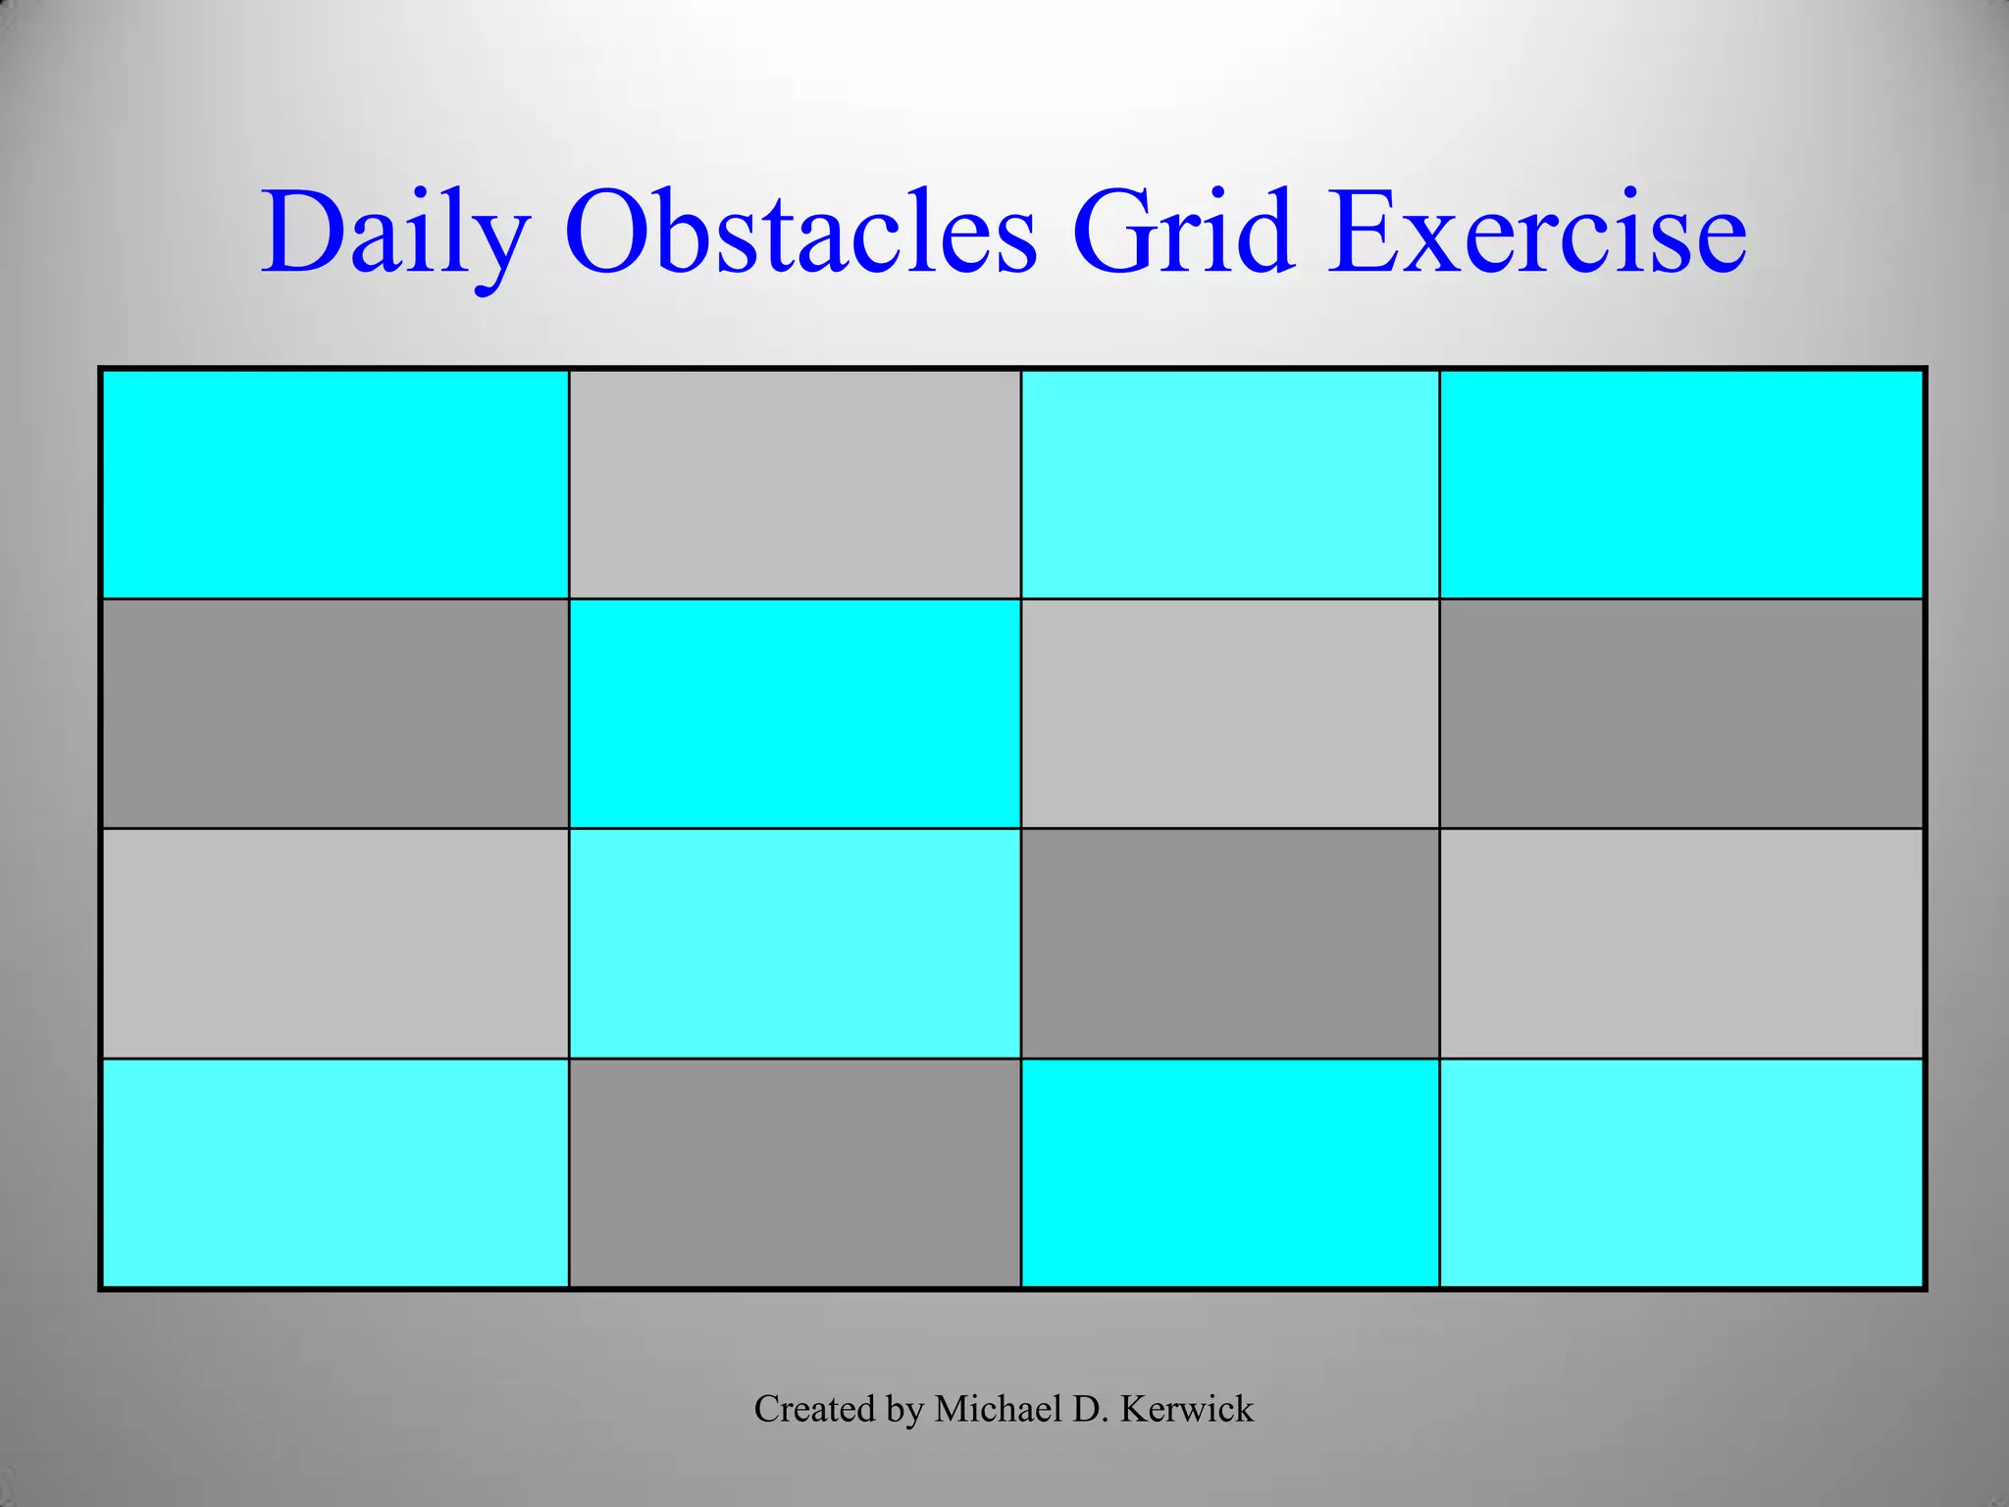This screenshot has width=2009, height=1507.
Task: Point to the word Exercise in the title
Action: pyautogui.click(x=1536, y=234)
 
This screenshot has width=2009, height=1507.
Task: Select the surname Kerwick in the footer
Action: pyautogui.click(x=1186, y=1409)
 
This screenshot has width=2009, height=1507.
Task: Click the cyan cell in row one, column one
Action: pyautogui.click(x=335, y=485)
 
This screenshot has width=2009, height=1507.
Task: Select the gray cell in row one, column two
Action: pyautogui.click(x=795, y=485)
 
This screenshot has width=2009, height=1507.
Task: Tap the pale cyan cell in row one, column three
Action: pyautogui.click(x=1230, y=485)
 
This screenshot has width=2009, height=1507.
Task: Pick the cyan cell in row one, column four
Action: pyautogui.click(x=1680, y=485)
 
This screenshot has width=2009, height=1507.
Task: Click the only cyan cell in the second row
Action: pyautogui.click(x=795, y=714)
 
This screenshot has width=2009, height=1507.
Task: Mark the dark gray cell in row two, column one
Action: pyautogui.click(x=335, y=714)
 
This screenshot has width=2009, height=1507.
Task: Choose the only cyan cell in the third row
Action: pyautogui.click(x=795, y=944)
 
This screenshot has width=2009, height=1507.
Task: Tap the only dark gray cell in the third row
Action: pyautogui.click(x=1230, y=944)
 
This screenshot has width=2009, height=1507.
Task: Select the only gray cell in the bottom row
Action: pyautogui.click(x=795, y=1173)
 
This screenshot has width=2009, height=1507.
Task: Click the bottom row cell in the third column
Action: pyautogui.click(x=1230, y=1173)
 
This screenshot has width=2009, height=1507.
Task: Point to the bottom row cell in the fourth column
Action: pyautogui.click(x=1680, y=1173)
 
